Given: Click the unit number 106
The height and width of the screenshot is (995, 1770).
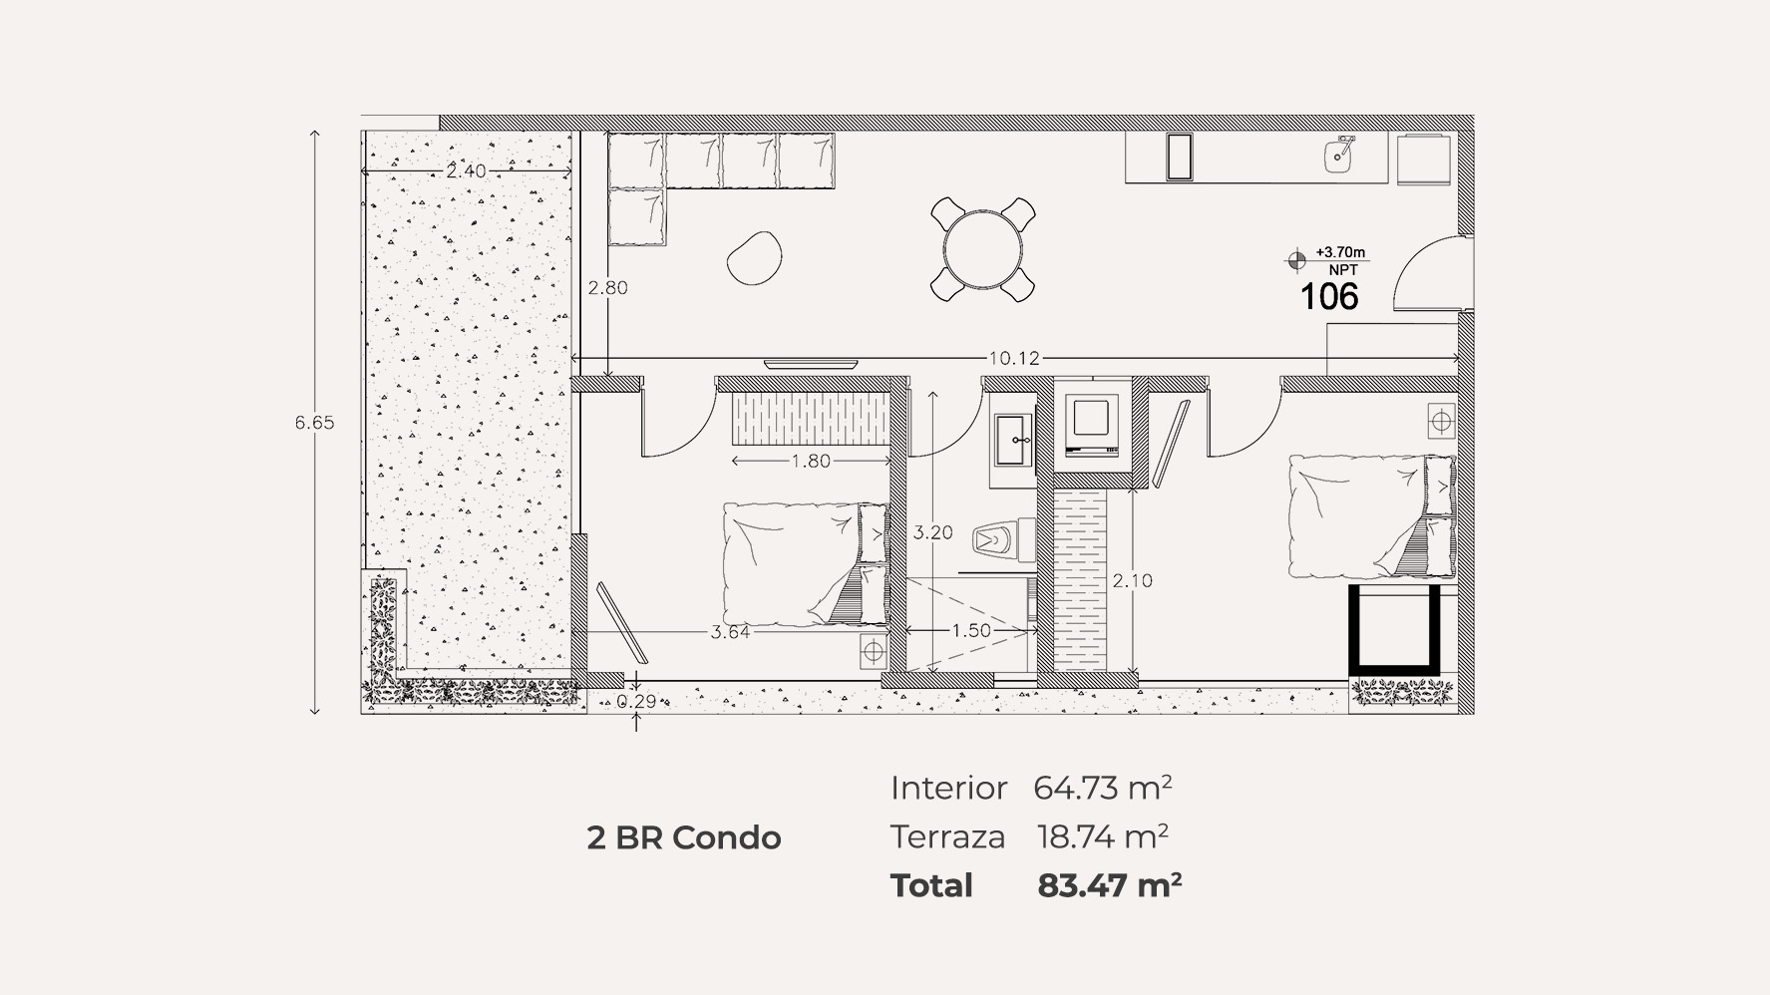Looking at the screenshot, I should click(x=1329, y=296).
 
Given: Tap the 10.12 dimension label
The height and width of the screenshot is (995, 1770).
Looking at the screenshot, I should click(x=1013, y=358).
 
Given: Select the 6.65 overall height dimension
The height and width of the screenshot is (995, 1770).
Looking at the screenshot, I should click(x=314, y=423).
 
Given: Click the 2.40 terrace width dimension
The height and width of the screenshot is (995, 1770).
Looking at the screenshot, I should click(x=466, y=171).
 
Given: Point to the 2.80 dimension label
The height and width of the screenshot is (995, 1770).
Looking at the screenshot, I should click(x=607, y=288).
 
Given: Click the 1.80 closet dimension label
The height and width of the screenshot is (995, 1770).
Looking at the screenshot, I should click(x=811, y=462).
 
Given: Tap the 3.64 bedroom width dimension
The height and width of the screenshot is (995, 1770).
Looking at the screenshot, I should click(x=730, y=632).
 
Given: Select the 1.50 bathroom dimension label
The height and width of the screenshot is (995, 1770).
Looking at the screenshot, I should click(x=970, y=631).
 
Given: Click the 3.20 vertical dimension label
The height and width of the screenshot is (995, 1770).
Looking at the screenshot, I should click(x=932, y=533).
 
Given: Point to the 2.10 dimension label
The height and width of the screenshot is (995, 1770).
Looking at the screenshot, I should click(x=1132, y=580).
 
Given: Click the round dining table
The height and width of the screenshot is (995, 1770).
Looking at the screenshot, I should click(x=982, y=249).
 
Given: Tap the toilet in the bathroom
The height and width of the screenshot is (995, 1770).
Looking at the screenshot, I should click(x=994, y=541).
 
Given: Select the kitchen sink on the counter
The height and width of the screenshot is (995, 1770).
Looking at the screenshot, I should click(x=1339, y=155).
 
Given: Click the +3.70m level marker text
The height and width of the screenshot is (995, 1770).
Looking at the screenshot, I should click(x=1340, y=253).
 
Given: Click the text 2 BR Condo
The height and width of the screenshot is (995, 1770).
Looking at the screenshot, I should click(x=684, y=837).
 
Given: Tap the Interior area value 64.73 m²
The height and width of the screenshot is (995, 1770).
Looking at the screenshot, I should click(x=1102, y=788).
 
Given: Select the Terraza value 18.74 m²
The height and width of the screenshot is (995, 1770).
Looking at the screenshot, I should click(x=1102, y=836).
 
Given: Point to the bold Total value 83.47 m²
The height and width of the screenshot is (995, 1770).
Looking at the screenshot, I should click(x=1109, y=885).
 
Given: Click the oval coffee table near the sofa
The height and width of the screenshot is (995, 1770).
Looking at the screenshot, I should click(x=753, y=257).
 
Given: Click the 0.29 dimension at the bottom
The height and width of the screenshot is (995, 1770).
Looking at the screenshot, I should click(x=637, y=701).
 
